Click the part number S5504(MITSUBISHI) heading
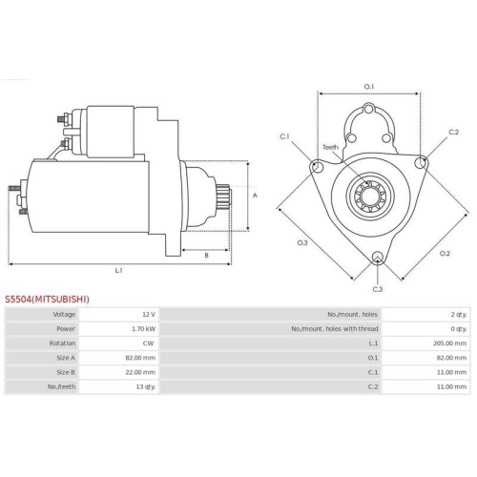pos(47,299)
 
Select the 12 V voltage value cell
pos(149,314)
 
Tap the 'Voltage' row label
pos(65,314)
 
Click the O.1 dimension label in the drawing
pos(368,87)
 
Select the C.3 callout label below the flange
pos(377,288)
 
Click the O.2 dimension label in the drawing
pos(445,253)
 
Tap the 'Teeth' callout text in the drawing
pos(330,147)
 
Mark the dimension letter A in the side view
pos(254,196)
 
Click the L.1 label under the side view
pos(118,270)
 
